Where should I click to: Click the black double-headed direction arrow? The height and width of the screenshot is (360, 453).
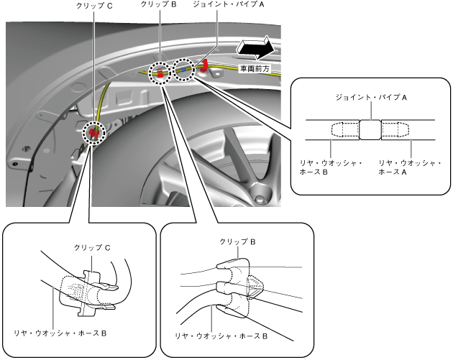(256, 49)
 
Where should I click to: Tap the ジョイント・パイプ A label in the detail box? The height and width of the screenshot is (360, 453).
(371, 95)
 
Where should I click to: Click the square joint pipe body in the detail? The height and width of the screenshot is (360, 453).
(371, 130)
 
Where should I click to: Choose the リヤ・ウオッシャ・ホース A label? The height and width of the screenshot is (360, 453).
(409, 168)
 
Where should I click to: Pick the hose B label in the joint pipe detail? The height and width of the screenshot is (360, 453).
(331, 168)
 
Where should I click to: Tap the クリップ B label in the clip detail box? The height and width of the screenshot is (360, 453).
(237, 244)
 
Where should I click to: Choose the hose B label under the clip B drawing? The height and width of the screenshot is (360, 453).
(222, 335)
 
